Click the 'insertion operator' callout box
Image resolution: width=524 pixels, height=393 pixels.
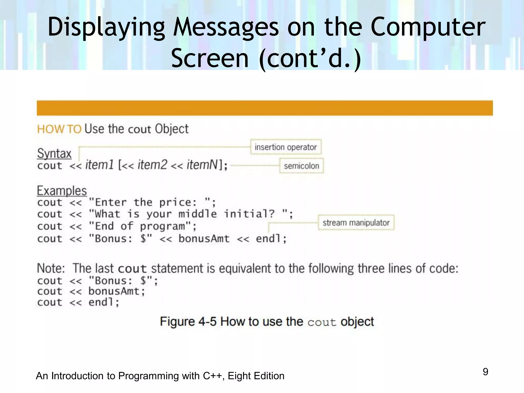286,147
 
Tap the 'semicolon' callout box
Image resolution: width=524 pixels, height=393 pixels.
301,166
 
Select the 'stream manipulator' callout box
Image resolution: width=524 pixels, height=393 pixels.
356,223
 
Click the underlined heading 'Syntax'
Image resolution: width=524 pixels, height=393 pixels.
54,154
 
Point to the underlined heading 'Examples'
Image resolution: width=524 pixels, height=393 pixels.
62,191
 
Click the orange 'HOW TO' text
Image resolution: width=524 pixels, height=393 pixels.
59,129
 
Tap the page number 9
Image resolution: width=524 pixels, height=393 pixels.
485,372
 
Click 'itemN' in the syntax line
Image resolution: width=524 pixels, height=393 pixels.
202,165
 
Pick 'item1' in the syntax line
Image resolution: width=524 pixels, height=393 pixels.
100,165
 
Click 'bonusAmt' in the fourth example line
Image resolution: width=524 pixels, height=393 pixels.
204,239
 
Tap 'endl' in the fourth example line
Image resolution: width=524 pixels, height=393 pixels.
268,239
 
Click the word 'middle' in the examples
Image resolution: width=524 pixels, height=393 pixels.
198,214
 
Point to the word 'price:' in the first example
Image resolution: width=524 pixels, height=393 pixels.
178,202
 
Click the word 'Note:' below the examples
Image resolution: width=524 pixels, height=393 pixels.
51,268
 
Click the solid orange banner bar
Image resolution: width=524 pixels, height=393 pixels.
265,108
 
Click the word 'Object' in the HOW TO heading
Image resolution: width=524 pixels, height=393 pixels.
172,129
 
